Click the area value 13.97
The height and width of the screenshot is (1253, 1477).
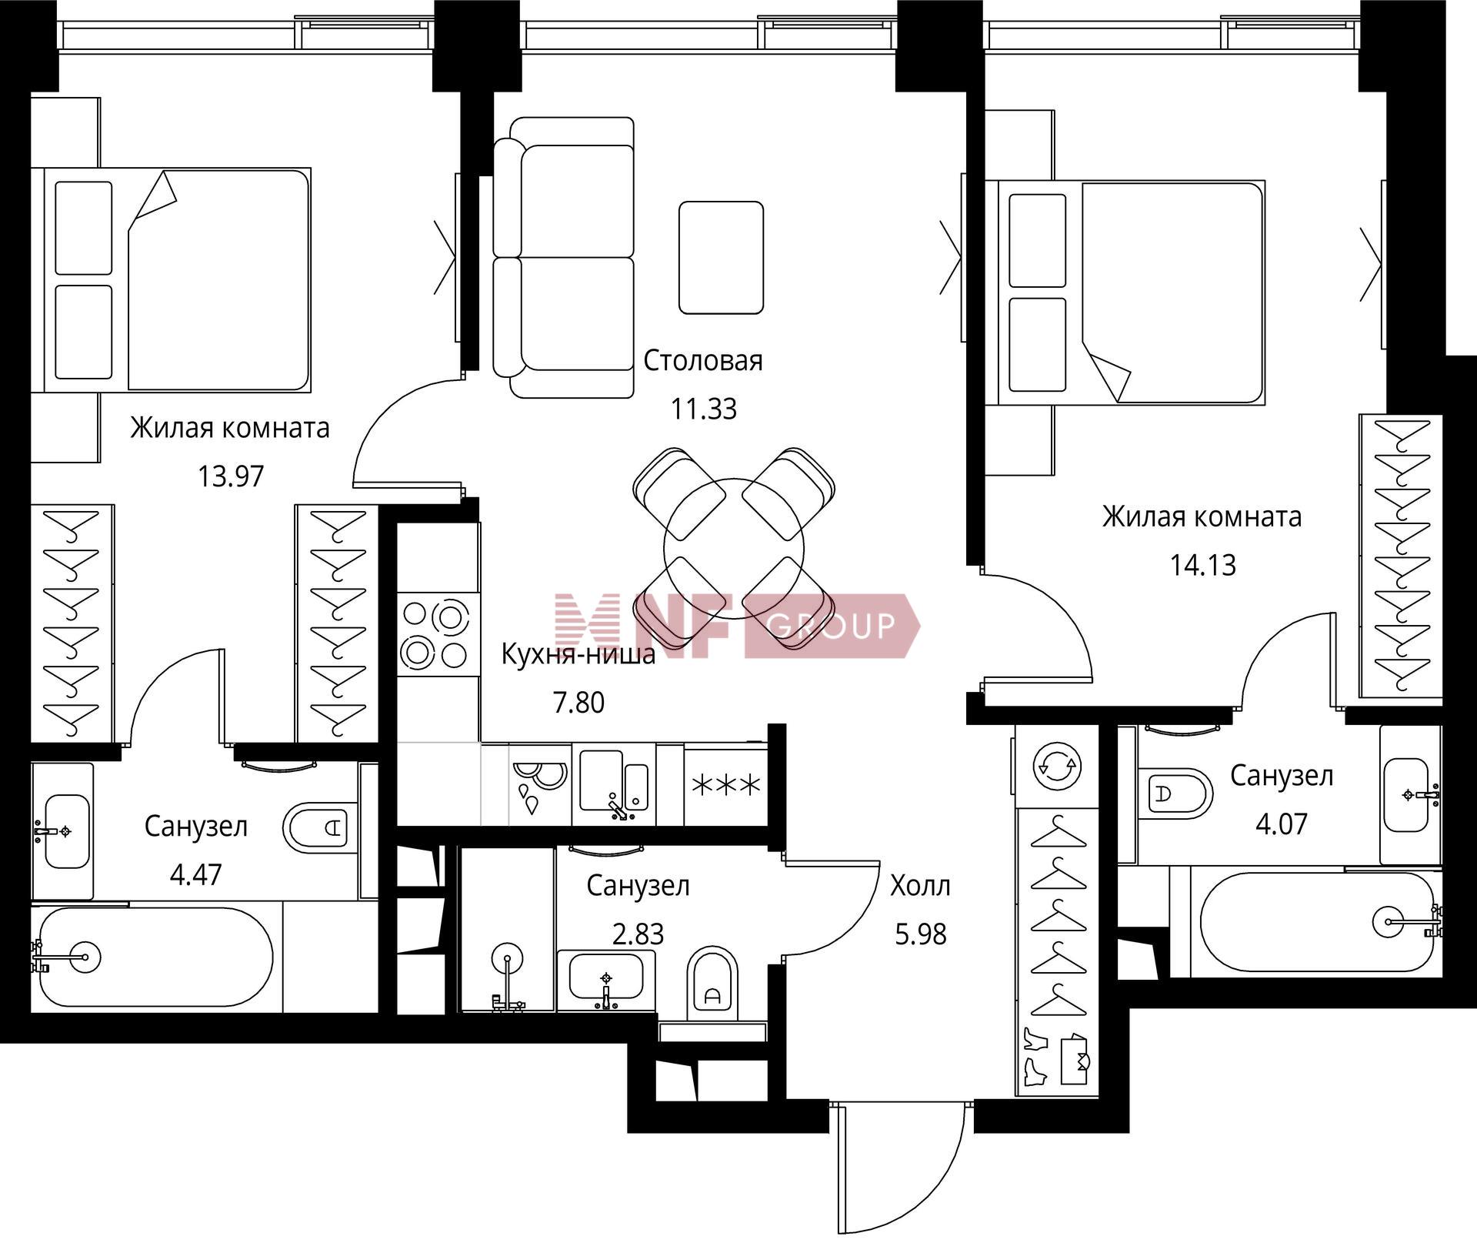coord(231,476)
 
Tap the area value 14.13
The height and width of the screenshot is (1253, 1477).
coord(1203,565)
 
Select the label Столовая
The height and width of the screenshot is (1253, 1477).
coord(703,360)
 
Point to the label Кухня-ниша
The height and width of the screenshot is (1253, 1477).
coord(578,654)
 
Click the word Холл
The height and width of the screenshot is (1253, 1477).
coord(920,886)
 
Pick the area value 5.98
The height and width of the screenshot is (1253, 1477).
coord(920,934)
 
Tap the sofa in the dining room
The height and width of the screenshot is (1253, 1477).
coord(564,257)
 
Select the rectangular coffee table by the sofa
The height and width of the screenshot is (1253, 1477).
coord(721,258)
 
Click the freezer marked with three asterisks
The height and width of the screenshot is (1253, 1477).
coord(726,785)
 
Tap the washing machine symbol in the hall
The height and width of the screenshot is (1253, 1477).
coord(1058,766)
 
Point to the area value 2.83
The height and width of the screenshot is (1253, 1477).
coord(638,934)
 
